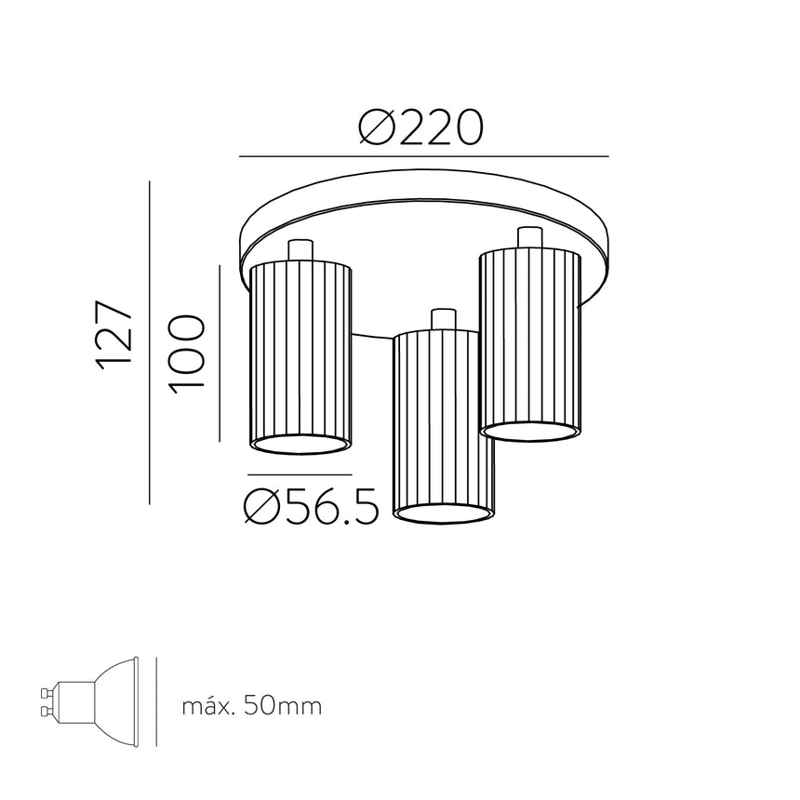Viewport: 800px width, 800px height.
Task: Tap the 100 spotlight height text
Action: [186, 353]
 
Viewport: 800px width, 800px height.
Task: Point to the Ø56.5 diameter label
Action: [311, 507]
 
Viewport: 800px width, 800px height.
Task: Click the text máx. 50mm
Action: [251, 706]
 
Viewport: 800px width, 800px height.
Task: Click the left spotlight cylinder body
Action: [301, 353]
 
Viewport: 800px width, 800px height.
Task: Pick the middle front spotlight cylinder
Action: [444, 419]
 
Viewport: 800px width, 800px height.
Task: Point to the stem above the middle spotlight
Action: [444, 318]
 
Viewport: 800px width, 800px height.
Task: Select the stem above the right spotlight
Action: [529, 237]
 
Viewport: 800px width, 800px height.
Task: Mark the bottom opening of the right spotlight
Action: [530, 432]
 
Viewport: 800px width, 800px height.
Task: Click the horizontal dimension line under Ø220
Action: [423, 155]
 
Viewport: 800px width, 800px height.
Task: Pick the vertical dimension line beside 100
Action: [219, 353]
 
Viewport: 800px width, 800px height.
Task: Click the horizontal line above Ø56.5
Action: [300, 475]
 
